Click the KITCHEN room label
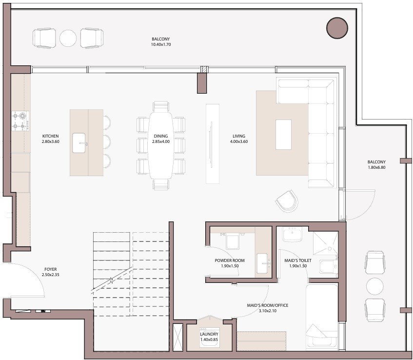coord(50,136)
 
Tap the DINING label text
coord(161,136)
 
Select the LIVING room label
coord(238,136)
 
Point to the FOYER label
coord(50,269)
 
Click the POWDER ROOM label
coord(230,260)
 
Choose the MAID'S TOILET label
coord(298,260)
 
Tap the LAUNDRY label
coord(209,334)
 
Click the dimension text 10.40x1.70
coord(161,44)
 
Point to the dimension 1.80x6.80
coord(376,167)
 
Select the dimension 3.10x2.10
coord(268,310)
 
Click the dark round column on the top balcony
coord(337,28)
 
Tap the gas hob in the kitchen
coord(20,121)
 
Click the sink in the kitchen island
coord(79,143)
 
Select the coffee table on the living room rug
coord(283,135)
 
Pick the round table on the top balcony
coord(68,38)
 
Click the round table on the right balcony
coord(375,286)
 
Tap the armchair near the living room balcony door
coord(287,200)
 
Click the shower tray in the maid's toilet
coord(325,243)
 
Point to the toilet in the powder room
coord(232,240)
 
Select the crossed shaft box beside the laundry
coord(177,337)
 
